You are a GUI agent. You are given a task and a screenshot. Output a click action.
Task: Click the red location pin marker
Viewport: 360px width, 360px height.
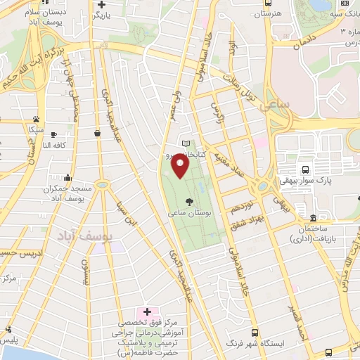click(x=181, y=167)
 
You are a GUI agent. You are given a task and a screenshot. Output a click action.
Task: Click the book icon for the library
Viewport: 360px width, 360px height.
click(x=185, y=143)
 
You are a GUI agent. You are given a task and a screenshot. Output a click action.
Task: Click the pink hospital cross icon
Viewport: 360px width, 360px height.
click(x=147, y=311)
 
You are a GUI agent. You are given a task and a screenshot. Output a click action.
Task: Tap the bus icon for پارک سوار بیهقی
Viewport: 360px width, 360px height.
click(x=305, y=169)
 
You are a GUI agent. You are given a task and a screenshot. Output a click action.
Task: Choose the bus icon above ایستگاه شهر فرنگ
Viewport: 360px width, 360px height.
click(x=254, y=333)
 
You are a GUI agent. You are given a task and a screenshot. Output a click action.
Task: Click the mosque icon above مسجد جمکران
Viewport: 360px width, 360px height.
click(x=67, y=178)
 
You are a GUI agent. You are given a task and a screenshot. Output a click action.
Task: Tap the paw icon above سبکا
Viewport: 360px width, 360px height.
click(x=35, y=120)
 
